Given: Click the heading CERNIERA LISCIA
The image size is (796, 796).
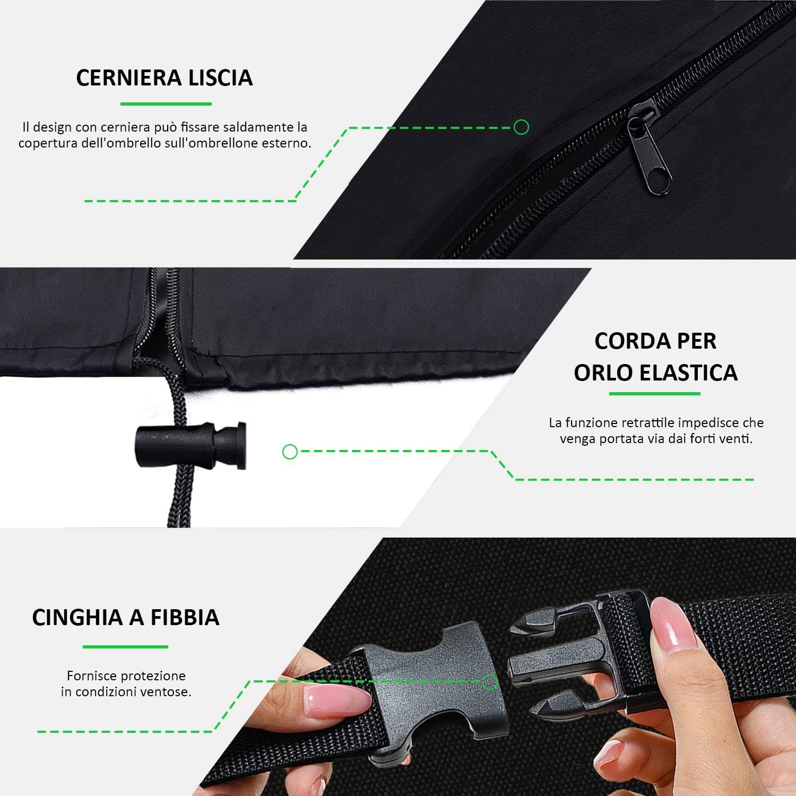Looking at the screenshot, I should [164, 77].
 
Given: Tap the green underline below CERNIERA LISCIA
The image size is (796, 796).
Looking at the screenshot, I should [166, 104].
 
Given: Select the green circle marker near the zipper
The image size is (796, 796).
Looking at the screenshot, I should [521, 127].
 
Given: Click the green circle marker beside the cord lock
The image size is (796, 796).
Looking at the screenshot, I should [290, 452].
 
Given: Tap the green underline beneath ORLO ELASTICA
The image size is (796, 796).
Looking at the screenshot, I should [654, 394].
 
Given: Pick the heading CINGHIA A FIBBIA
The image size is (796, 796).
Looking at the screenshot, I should [126, 617].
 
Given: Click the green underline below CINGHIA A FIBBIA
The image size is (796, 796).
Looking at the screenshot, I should [125, 647].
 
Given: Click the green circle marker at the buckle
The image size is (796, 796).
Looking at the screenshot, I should [489, 682].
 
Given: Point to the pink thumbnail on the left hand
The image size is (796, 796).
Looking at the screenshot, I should [337, 700].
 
